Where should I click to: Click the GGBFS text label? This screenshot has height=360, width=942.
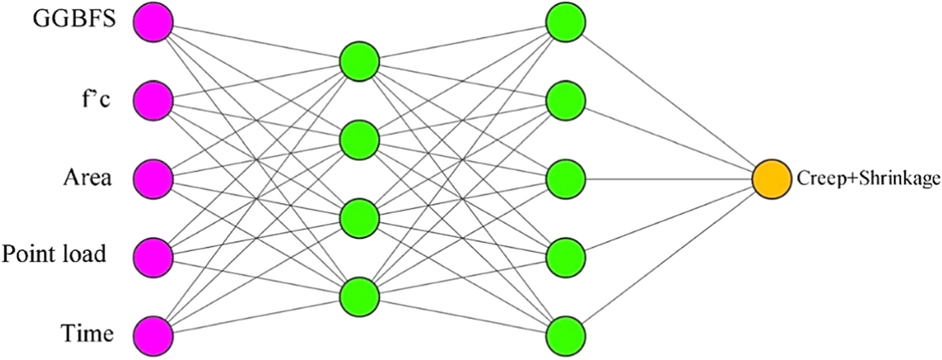click(76, 19)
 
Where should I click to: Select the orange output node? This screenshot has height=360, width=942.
click(772, 179)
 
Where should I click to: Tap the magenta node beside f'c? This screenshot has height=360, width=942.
click(153, 101)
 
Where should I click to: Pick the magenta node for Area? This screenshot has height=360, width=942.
click(153, 178)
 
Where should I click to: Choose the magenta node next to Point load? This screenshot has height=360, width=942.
click(153, 256)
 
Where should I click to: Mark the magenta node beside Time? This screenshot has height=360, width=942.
click(153, 334)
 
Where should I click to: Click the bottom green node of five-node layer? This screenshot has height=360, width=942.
click(565, 334)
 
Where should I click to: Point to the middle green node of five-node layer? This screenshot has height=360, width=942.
click(565, 178)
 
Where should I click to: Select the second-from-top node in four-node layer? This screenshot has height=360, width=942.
click(359, 140)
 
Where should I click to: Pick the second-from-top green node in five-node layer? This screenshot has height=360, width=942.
click(565, 101)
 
